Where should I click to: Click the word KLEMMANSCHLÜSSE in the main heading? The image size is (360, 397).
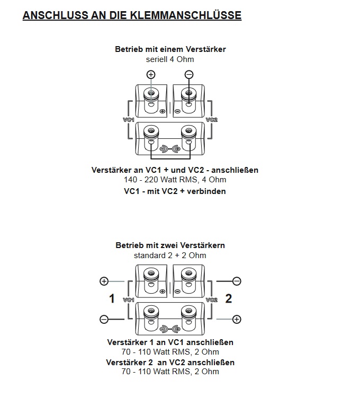[x=186, y=15]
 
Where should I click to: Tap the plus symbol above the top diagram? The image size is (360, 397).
[x=151, y=74]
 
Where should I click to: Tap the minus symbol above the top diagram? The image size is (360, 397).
[x=189, y=74]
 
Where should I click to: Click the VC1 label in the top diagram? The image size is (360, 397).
[x=129, y=120]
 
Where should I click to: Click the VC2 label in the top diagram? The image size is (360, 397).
[x=212, y=120]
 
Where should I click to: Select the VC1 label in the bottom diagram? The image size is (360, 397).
[x=129, y=300]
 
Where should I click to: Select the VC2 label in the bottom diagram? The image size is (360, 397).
[x=212, y=300]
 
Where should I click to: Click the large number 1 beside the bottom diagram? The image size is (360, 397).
[x=112, y=299]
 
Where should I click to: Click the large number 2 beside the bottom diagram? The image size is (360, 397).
[x=229, y=299]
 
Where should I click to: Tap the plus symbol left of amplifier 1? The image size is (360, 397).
[x=104, y=281]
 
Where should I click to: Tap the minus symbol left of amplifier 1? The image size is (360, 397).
[x=104, y=319]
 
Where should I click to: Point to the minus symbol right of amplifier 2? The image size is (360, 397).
[x=237, y=281]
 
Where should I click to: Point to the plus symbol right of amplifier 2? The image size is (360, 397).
[x=237, y=319]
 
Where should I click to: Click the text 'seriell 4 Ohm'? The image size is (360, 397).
[x=170, y=59]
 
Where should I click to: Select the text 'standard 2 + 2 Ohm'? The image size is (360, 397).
[x=170, y=255]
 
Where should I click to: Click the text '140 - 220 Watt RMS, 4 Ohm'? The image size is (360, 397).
[x=175, y=180]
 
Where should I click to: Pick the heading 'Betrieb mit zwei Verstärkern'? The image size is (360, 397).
[x=170, y=245]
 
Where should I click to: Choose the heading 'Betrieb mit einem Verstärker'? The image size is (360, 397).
[x=170, y=49]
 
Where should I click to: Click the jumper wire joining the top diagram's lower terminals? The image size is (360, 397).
[x=170, y=159]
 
